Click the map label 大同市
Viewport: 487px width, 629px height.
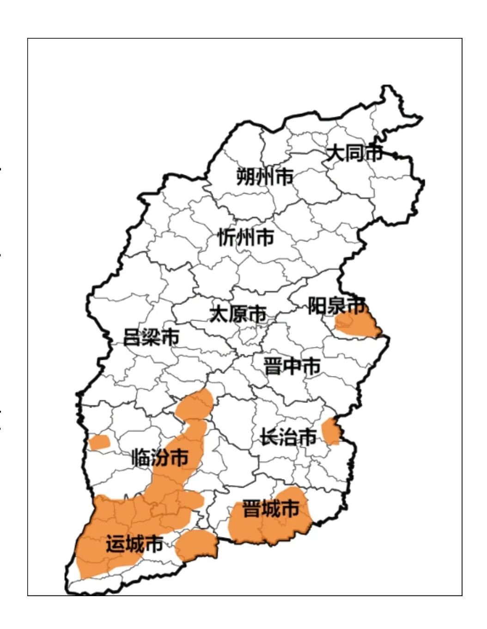(354, 153)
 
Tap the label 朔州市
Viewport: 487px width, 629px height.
(265, 176)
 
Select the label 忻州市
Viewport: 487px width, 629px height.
(246, 237)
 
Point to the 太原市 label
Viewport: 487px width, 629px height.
(238, 314)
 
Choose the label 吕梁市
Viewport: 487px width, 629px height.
(151, 337)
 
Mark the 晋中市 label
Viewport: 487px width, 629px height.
(292, 366)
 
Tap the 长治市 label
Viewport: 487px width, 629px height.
(288, 437)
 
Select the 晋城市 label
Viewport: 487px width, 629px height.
(271, 509)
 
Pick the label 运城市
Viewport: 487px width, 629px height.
(134, 544)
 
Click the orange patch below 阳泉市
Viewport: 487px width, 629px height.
(358, 325)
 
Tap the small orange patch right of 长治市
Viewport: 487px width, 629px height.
(331, 431)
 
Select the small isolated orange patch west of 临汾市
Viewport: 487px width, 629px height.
(99, 443)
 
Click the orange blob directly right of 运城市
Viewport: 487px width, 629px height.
(196, 545)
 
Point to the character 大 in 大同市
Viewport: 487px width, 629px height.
(335, 153)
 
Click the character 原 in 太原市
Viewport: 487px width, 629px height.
(238, 314)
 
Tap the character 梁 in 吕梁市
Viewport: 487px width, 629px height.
(151, 337)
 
